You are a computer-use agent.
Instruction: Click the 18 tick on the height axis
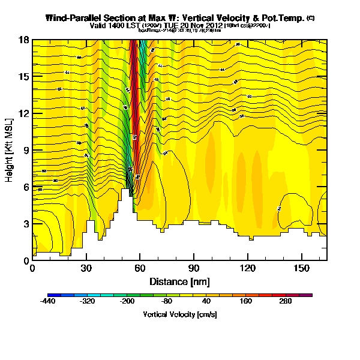point(25,40)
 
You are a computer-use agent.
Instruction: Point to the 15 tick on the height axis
point(25,77)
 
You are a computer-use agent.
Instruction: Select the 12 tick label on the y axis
point(25,113)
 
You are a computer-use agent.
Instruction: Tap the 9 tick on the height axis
point(26,150)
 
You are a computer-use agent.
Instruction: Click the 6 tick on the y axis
point(26,187)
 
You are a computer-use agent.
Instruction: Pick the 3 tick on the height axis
point(26,224)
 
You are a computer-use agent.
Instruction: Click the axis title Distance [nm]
point(179,281)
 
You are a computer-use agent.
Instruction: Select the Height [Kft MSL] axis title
point(10,150)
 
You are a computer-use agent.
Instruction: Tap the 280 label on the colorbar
point(285,302)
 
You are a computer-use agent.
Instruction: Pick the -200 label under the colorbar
point(127,302)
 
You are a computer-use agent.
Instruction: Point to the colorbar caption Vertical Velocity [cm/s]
point(179,314)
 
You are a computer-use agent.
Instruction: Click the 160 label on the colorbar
point(245,302)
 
